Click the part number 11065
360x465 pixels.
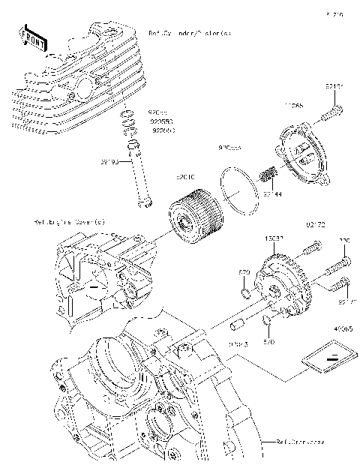pyautogui.click(x=293, y=106)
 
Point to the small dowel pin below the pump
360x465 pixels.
pyautogui.click(x=238, y=326)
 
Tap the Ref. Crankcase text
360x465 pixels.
pyautogui.click(x=299, y=442)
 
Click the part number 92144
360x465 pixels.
pyautogui.click(x=272, y=193)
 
